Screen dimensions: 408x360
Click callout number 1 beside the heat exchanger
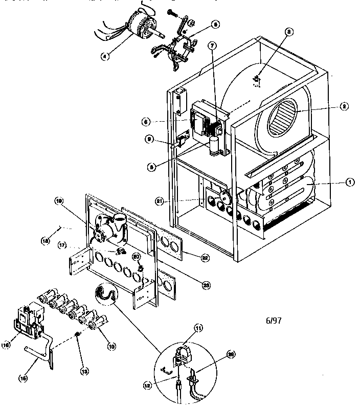point(350,182)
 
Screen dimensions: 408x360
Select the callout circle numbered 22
point(205,258)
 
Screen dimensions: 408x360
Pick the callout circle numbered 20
point(137,256)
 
